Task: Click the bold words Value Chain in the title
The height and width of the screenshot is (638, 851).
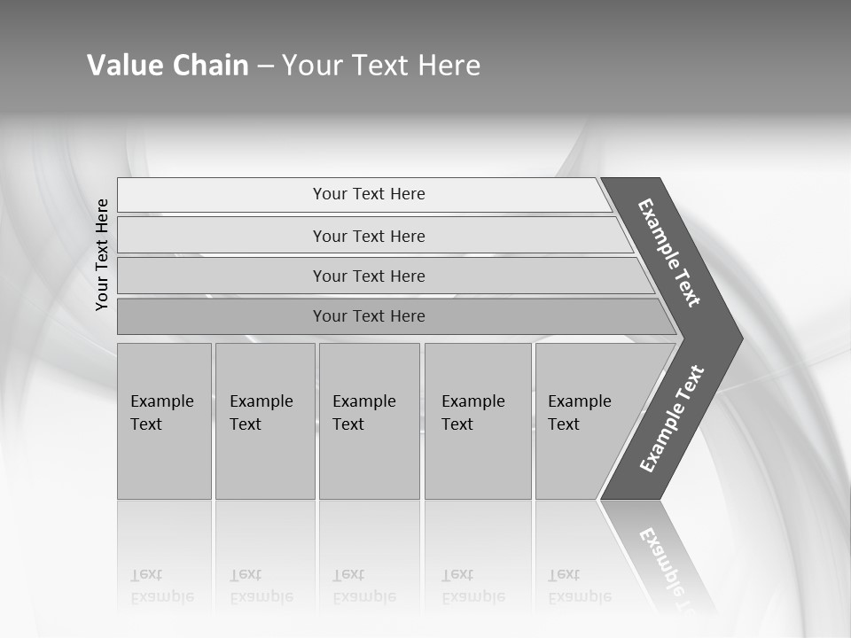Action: tap(168, 65)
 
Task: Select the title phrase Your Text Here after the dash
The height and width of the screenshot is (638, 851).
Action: tap(381, 65)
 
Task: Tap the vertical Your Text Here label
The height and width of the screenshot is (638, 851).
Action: tap(102, 254)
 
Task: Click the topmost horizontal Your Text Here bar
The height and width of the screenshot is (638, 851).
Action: tap(368, 194)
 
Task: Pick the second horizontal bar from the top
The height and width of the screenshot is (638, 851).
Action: tap(368, 236)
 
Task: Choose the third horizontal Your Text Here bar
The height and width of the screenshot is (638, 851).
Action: tap(368, 276)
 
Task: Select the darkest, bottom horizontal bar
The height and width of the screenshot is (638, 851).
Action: tap(368, 316)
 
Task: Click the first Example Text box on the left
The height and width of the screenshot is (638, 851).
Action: tap(164, 421)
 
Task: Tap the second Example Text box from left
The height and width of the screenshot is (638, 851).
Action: tap(264, 421)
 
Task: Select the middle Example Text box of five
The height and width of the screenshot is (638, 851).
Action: tap(369, 421)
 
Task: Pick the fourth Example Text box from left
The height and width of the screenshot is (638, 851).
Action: tap(477, 421)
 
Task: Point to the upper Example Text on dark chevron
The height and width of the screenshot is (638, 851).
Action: tap(669, 253)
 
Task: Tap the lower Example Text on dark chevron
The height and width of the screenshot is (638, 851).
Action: tap(671, 419)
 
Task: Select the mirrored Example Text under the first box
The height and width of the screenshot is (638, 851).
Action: tap(161, 587)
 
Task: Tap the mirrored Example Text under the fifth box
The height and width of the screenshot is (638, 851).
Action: tap(579, 587)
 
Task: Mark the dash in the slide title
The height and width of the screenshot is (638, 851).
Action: tap(265, 66)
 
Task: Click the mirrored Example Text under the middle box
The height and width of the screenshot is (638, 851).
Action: tap(363, 587)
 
